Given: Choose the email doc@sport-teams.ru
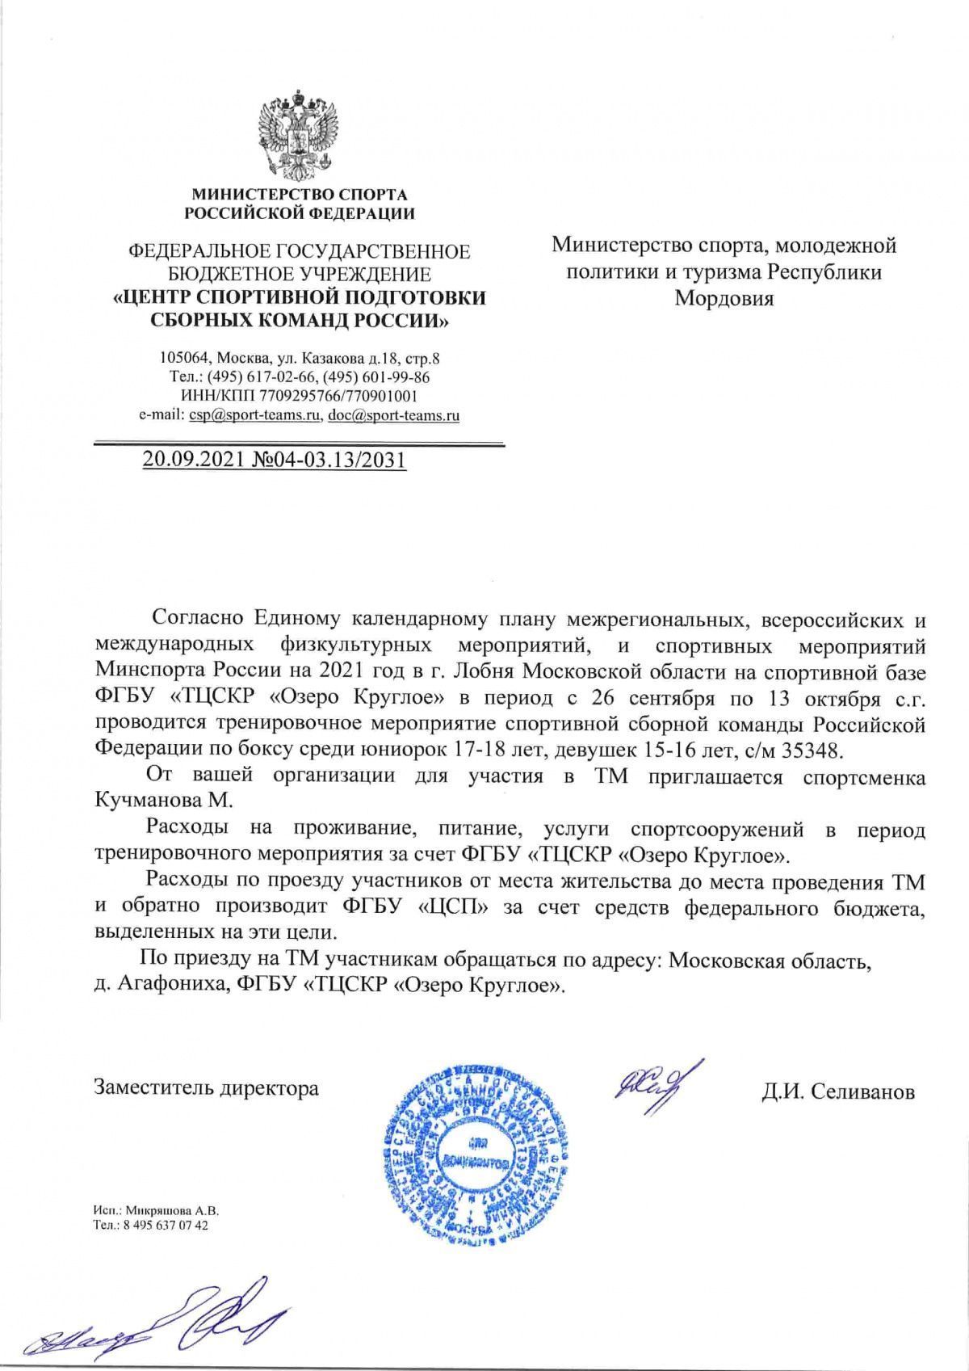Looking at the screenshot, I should coord(394,416).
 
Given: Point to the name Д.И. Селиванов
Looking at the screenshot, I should coord(838,1092).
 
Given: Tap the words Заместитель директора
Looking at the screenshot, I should coord(207,1087).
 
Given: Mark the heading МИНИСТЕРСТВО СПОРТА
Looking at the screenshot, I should coord(299,195).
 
